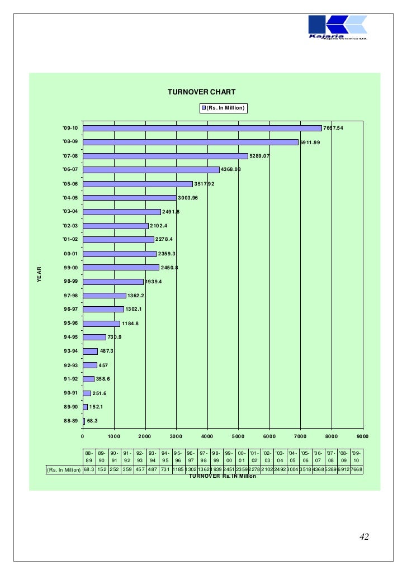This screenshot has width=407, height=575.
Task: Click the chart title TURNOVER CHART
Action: coord(201,92)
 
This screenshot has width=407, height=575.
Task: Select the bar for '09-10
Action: coord(202,128)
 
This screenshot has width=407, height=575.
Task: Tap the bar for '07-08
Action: coord(165,156)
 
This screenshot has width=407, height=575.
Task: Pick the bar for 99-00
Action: coord(121,268)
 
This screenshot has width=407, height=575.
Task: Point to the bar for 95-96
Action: coord(101,324)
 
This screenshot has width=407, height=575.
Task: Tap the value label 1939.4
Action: coord(153,282)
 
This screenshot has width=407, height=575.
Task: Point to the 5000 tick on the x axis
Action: coord(238,436)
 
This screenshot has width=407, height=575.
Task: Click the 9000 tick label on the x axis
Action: coord(362,436)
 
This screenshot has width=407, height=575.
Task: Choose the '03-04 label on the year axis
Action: coord(71,212)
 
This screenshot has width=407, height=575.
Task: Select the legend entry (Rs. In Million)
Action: coord(224,107)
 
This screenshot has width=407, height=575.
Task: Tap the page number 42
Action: coord(364,537)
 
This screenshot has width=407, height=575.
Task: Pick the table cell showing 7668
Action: coord(356,469)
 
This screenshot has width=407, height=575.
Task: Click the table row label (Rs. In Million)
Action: coord(63,469)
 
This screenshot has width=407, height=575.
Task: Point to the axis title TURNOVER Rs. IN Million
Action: coord(222,476)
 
